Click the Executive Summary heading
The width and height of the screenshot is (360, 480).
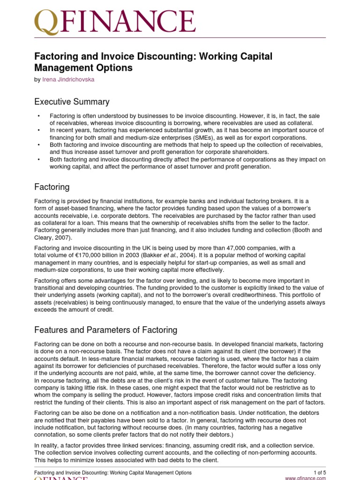(72, 102)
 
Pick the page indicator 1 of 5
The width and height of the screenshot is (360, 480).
(319, 472)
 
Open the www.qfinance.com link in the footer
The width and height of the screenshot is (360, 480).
(305, 478)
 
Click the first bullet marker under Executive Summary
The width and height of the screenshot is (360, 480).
(38, 116)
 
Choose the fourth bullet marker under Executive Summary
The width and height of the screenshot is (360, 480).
(38, 160)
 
